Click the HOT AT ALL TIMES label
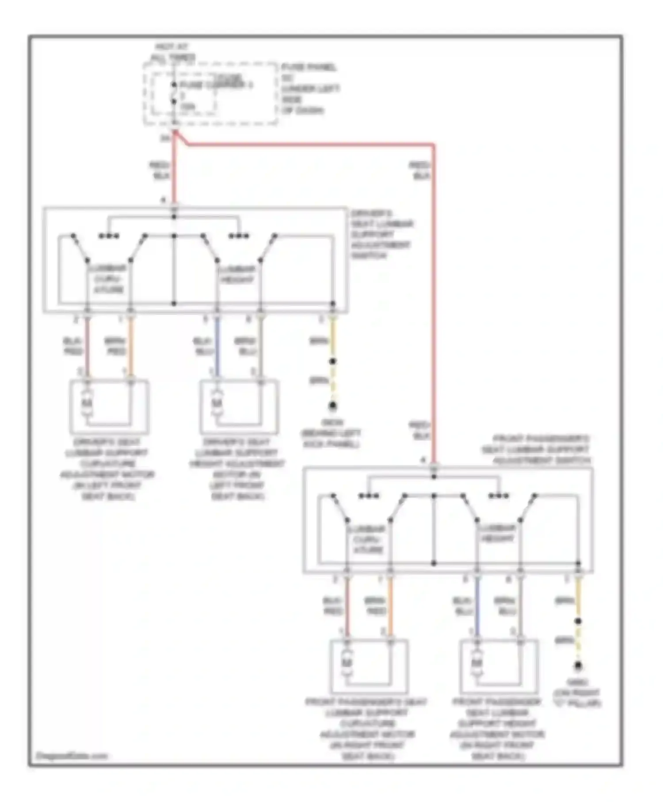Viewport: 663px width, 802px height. (x=173, y=52)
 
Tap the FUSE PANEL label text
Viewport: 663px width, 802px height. (x=309, y=67)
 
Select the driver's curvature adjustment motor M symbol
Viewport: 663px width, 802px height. (x=88, y=403)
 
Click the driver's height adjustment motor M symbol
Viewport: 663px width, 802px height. (x=217, y=403)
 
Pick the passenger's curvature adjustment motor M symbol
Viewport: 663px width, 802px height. (x=347, y=663)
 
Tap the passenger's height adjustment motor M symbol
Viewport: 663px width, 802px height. (x=476, y=663)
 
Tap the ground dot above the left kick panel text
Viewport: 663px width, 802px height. (x=333, y=405)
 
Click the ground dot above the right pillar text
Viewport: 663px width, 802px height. (x=578, y=665)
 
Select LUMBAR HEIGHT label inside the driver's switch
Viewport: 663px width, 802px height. (x=237, y=274)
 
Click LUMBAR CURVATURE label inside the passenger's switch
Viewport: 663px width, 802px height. (x=368, y=539)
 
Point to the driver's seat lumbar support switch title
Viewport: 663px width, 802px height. (x=381, y=234)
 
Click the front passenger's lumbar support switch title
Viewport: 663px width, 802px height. (x=536, y=450)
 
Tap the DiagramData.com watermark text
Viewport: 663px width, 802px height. (x=72, y=756)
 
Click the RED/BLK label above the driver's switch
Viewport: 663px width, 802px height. (x=160, y=170)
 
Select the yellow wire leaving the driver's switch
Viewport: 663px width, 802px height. (x=333, y=338)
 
